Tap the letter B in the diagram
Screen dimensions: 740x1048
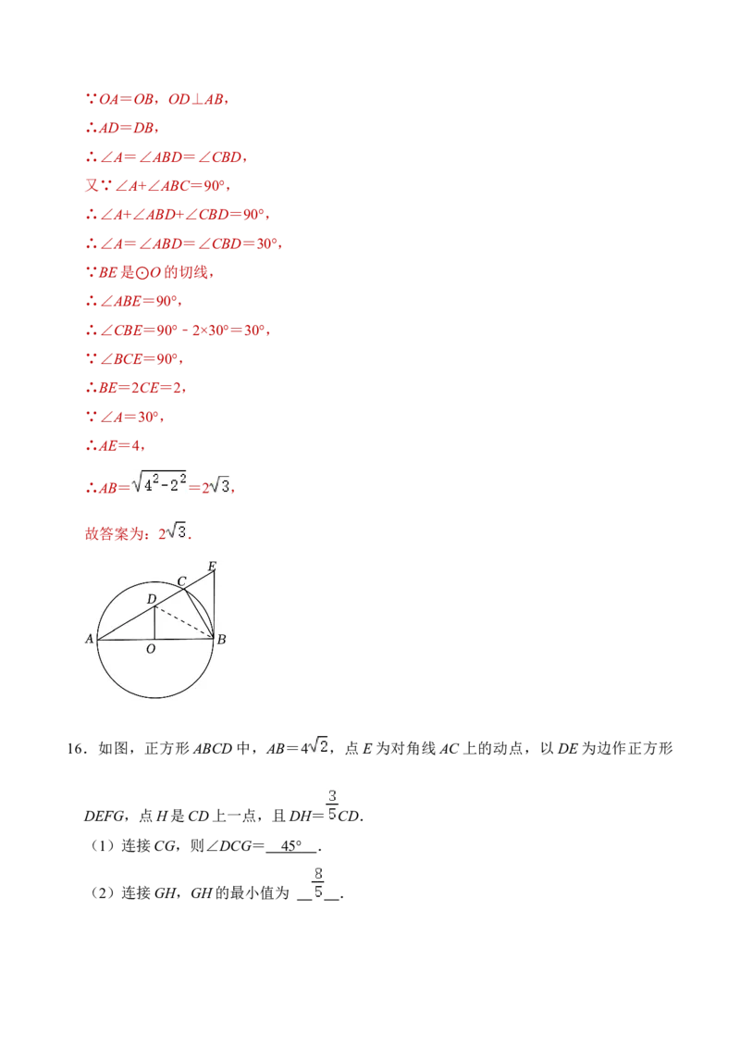(221, 640)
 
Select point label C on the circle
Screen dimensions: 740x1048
(182, 581)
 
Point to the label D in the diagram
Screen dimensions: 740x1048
(152, 600)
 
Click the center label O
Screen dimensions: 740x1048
(151, 650)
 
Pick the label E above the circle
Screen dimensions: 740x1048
(212, 566)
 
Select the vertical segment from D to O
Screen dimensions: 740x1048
(154, 623)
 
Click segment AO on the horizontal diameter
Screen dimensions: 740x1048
(126, 639)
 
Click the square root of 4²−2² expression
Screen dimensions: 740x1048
(160, 481)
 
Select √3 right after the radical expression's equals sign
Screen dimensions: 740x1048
(222, 484)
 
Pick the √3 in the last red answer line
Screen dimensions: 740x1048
(178, 530)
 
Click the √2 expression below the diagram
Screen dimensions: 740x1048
(318, 744)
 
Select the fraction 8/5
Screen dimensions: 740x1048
(318, 882)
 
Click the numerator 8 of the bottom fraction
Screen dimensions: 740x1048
(318, 872)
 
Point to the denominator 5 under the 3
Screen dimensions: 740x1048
(332, 815)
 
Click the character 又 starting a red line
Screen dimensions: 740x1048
(91, 186)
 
